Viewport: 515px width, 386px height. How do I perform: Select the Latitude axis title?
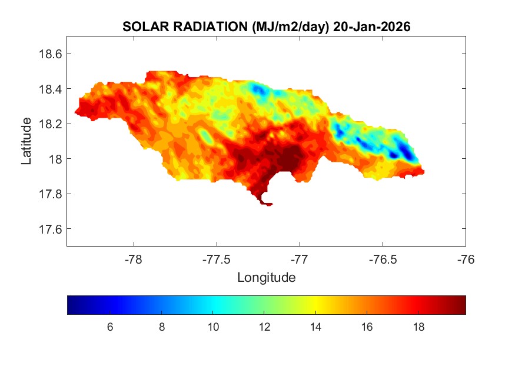26,141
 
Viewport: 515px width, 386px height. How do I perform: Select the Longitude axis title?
266,277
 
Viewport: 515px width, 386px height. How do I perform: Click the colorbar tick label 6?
110,327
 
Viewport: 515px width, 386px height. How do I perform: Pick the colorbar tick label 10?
213,327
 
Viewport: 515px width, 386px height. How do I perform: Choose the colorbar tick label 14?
316,327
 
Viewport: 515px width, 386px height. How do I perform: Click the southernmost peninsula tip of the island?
268,204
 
